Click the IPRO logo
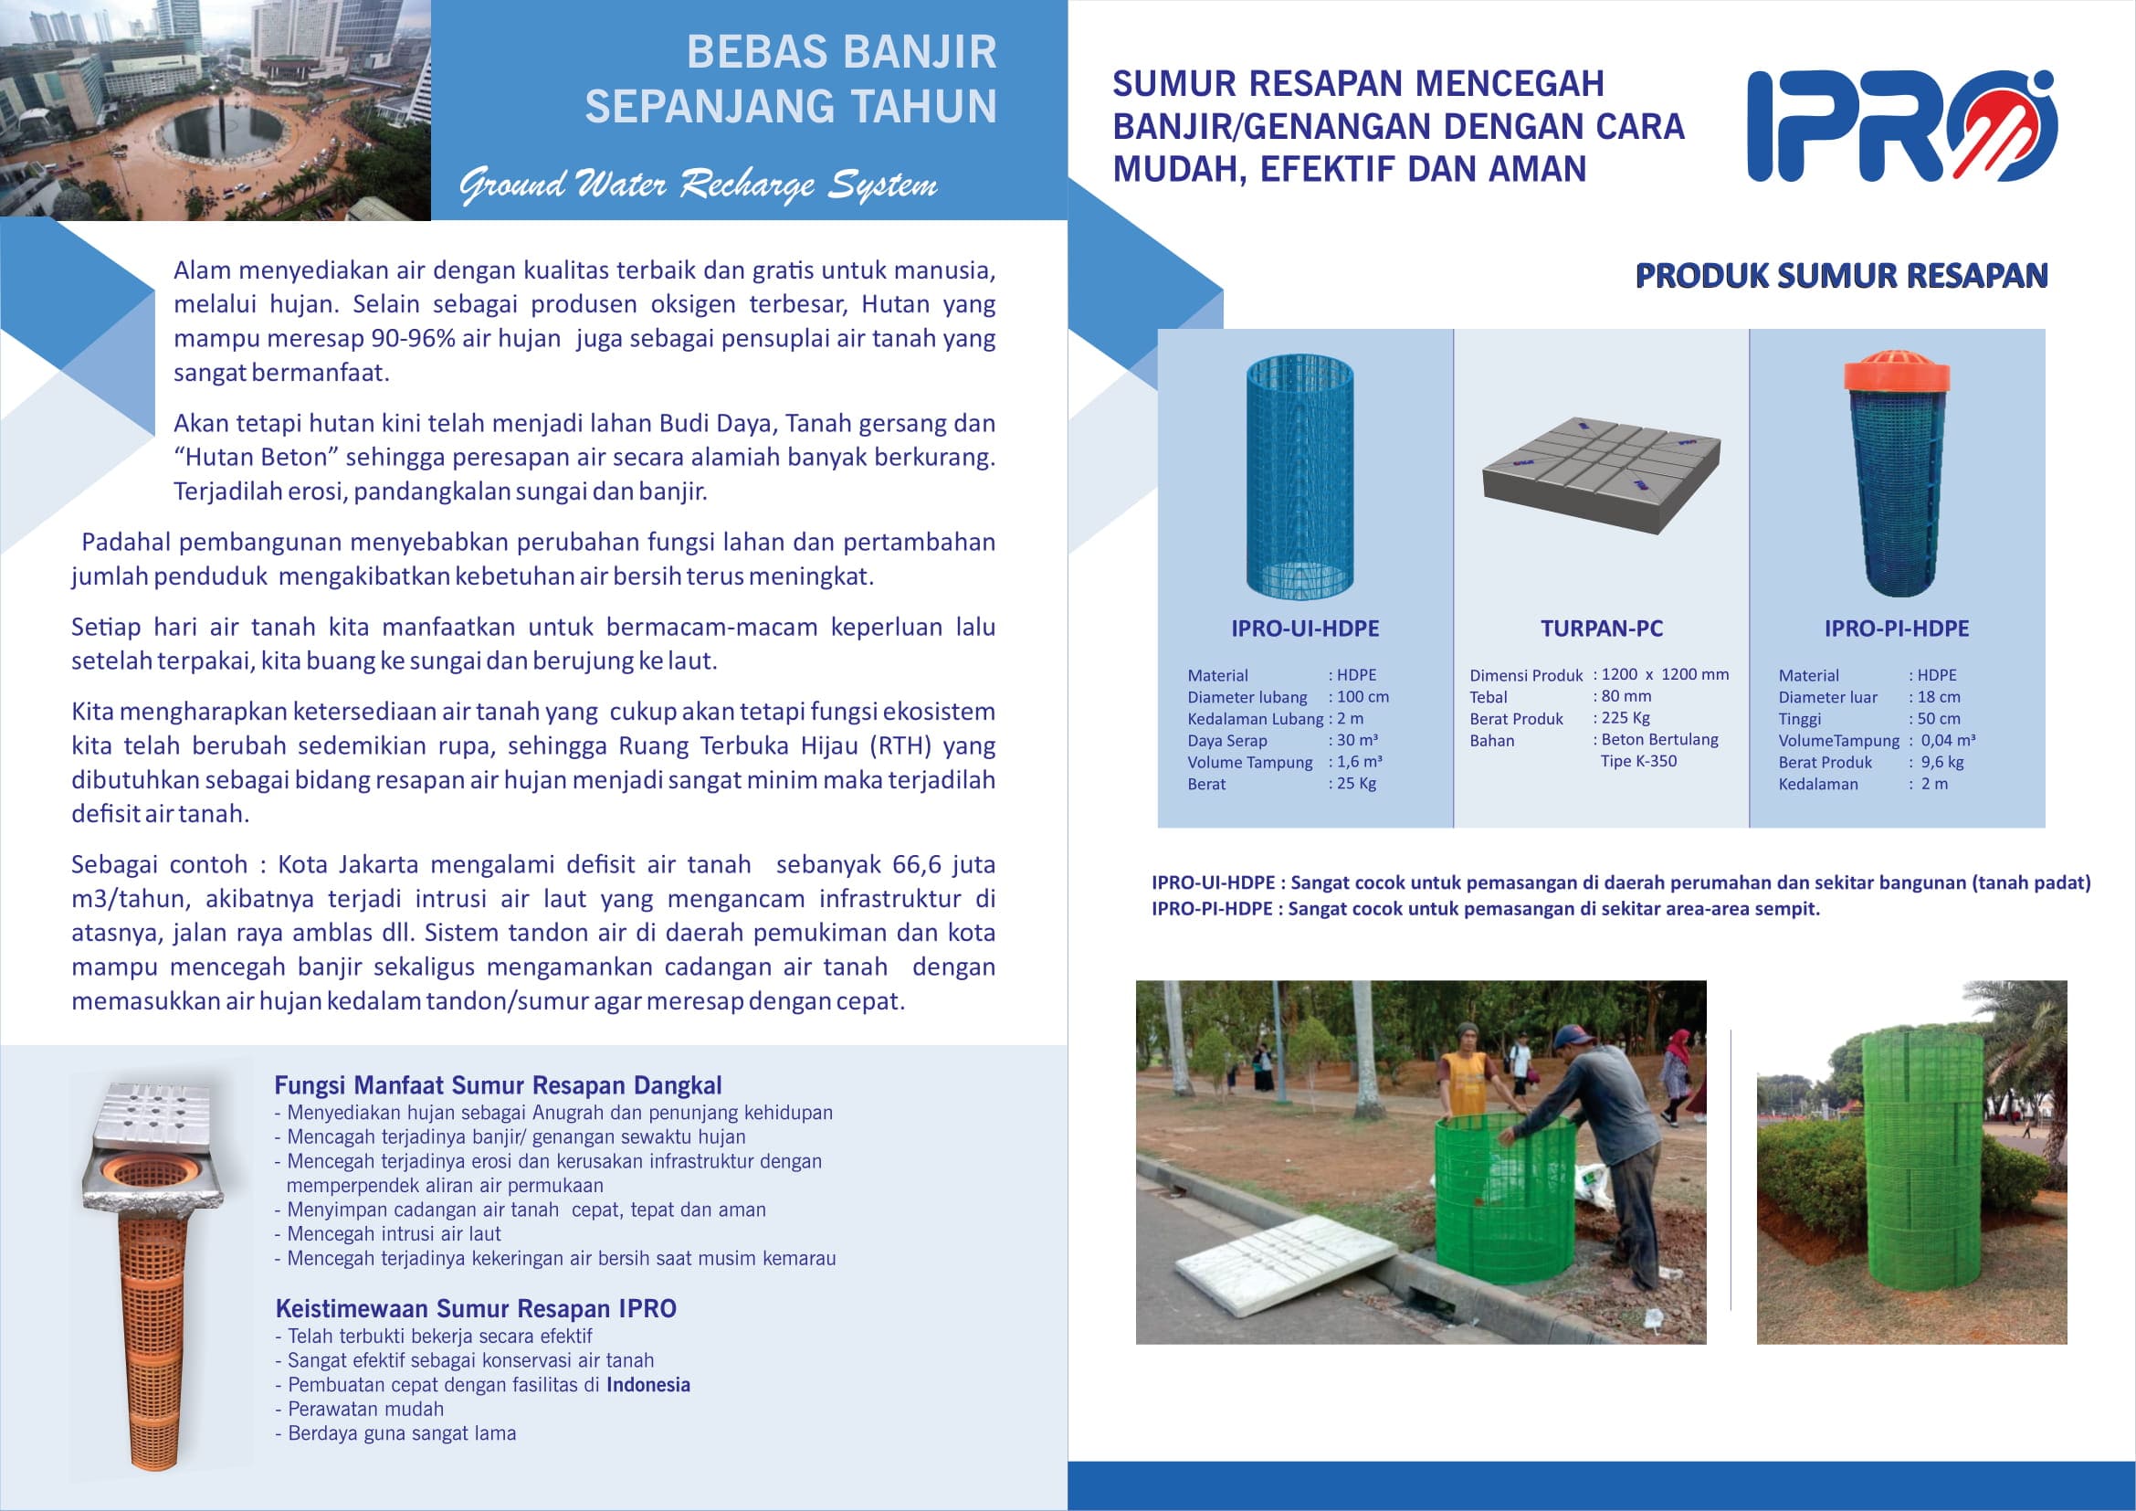coord(1900,125)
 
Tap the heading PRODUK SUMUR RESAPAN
coord(1841,275)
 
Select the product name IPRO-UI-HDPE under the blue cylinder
coord(1304,628)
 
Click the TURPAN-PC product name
coord(1601,628)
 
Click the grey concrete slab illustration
coord(1600,473)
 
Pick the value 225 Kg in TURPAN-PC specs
coord(1626,717)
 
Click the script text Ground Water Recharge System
coord(698,185)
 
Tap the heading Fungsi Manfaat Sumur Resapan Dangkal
coord(498,1085)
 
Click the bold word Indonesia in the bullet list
coord(647,1384)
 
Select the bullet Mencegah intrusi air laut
coord(394,1233)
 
